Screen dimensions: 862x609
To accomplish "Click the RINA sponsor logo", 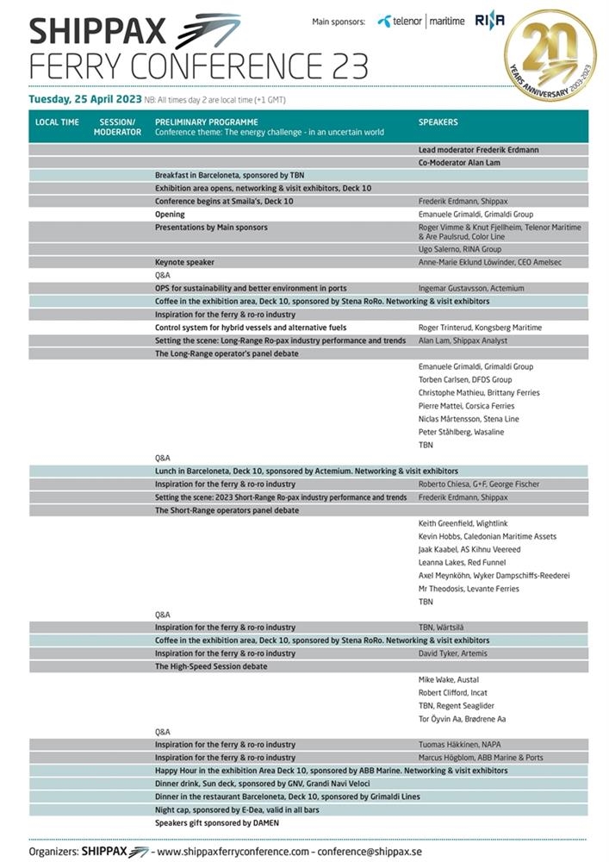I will pyautogui.click(x=490, y=22).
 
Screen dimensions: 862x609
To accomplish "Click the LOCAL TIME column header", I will pyautogui.click(x=57, y=122).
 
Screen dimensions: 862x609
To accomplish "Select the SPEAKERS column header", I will pyautogui.click(x=438, y=122).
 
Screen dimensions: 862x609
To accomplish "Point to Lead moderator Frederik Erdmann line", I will pyautogui.click(x=478, y=149).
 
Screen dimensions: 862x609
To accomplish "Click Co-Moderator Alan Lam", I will pyautogui.click(x=459, y=162).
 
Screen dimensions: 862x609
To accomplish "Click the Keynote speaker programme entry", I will pyautogui.click(x=184, y=262).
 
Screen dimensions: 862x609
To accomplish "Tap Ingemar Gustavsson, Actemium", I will pyautogui.click(x=471, y=288).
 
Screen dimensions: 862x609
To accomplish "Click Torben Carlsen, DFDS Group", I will pyautogui.click(x=465, y=379).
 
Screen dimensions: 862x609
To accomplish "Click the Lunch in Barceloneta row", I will pyautogui.click(x=306, y=471).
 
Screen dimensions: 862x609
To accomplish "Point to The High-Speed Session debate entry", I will pyautogui.click(x=211, y=666).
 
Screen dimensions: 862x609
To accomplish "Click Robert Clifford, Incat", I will pyautogui.click(x=455, y=692).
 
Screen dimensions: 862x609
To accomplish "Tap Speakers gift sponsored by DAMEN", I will pyautogui.click(x=216, y=823).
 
